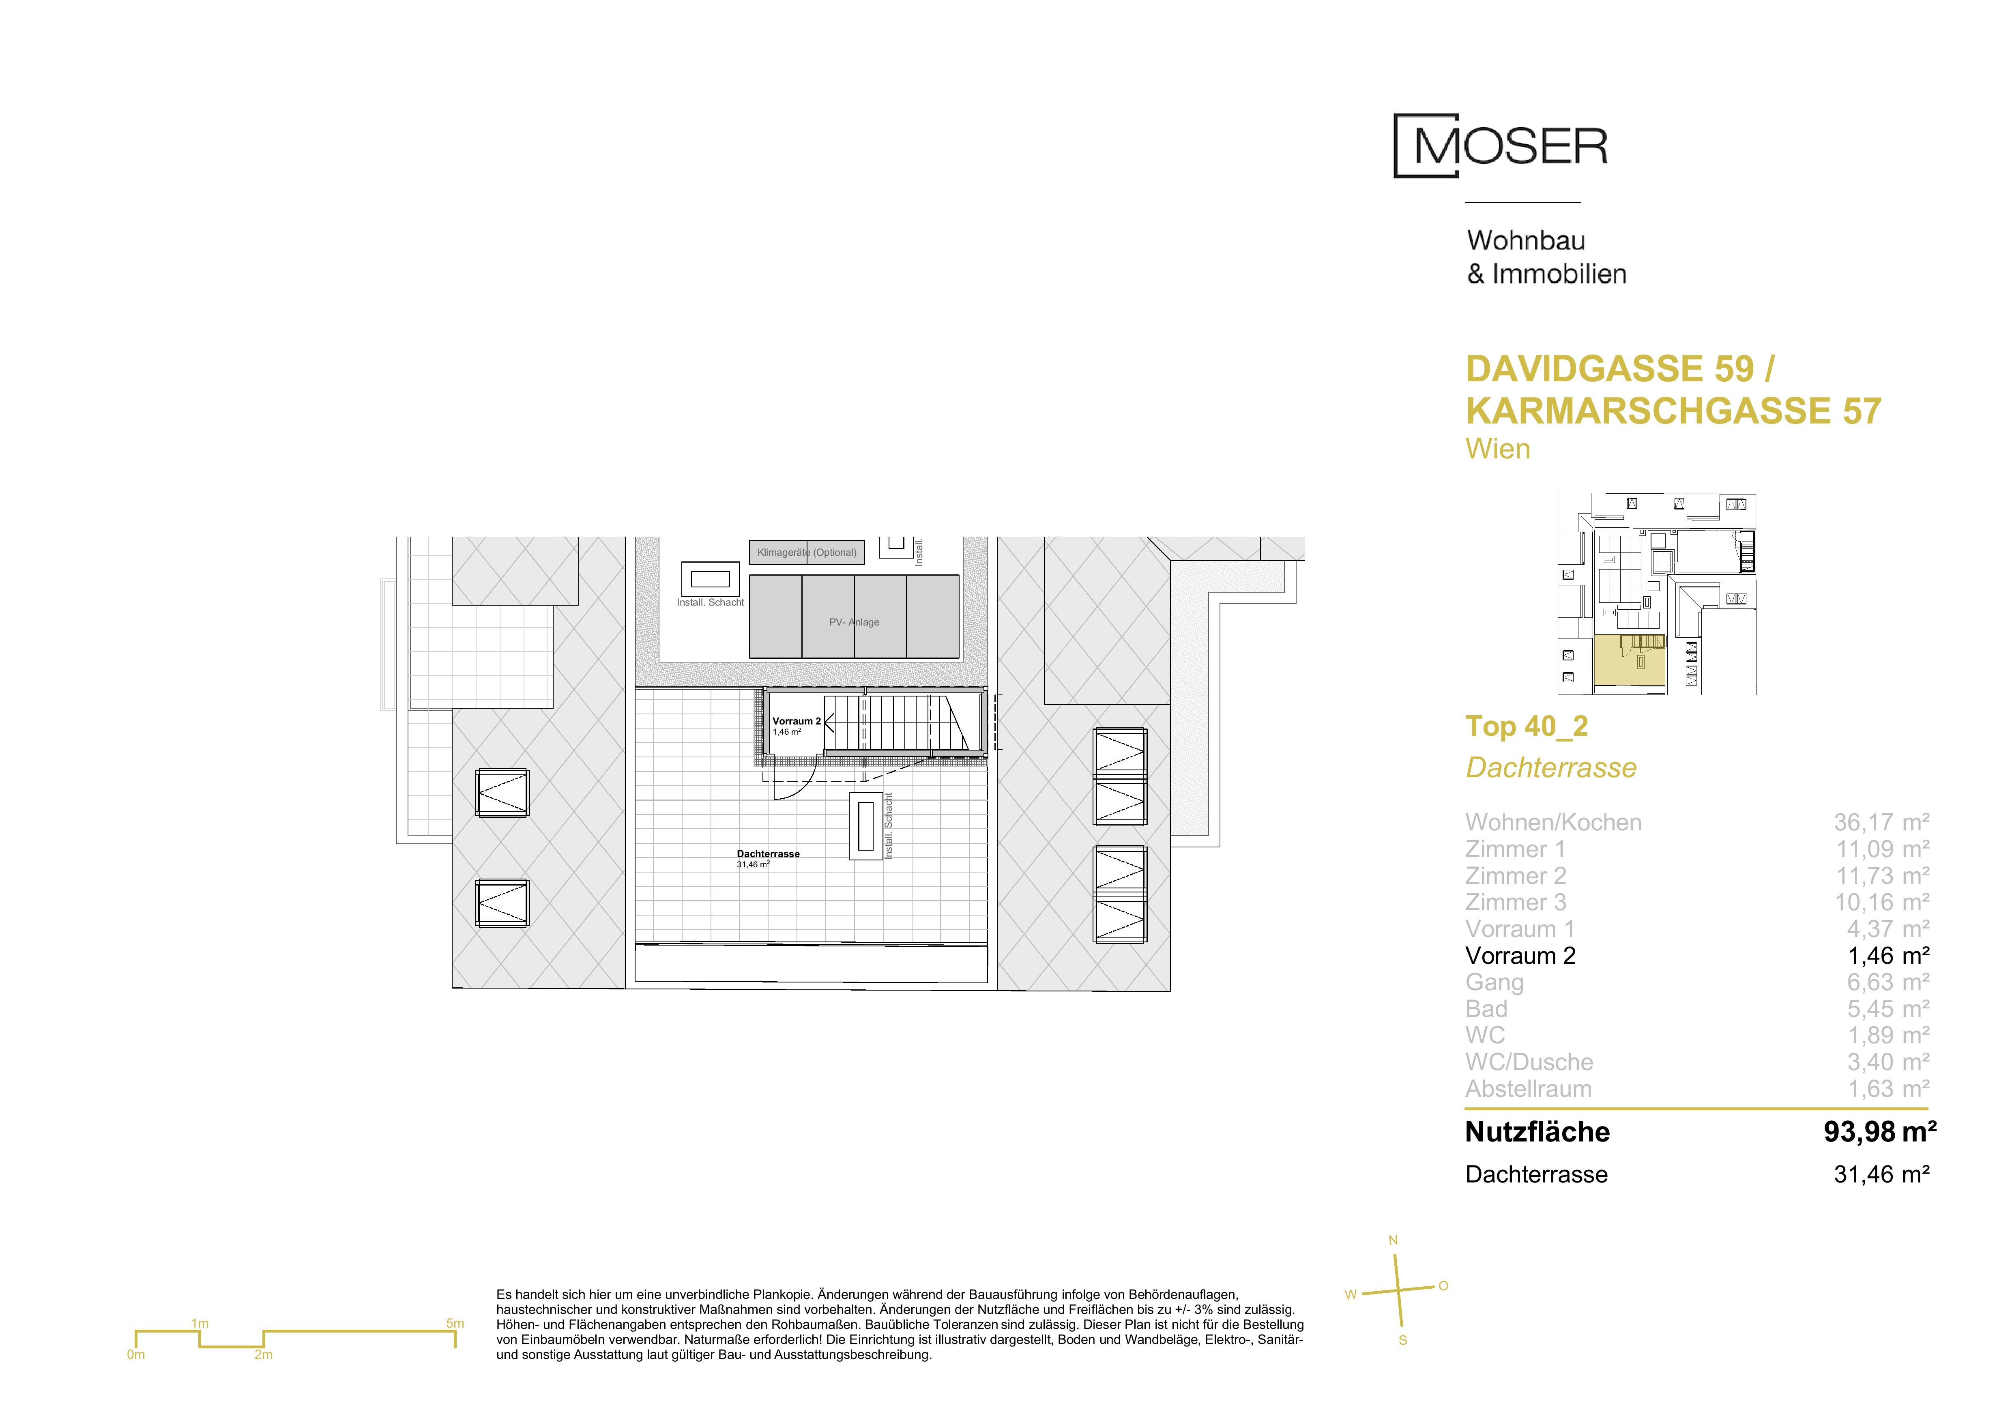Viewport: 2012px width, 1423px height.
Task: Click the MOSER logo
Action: (x=1500, y=146)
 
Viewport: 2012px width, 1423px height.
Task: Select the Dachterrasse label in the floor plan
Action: (x=768, y=853)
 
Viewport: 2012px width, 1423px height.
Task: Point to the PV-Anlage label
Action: (x=855, y=622)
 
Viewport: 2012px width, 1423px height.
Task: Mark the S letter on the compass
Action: (x=1403, y=1341)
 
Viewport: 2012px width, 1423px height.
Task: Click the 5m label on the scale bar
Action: (x=455, y=1323)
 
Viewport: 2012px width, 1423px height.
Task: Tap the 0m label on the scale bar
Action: (x=136, y=1355)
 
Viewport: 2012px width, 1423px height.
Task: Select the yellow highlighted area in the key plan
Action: (x=1628, y=663)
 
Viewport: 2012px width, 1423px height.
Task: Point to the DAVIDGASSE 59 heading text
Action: (x=1610, y=369)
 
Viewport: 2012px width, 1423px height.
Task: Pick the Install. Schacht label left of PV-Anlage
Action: (x=710, y=603)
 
